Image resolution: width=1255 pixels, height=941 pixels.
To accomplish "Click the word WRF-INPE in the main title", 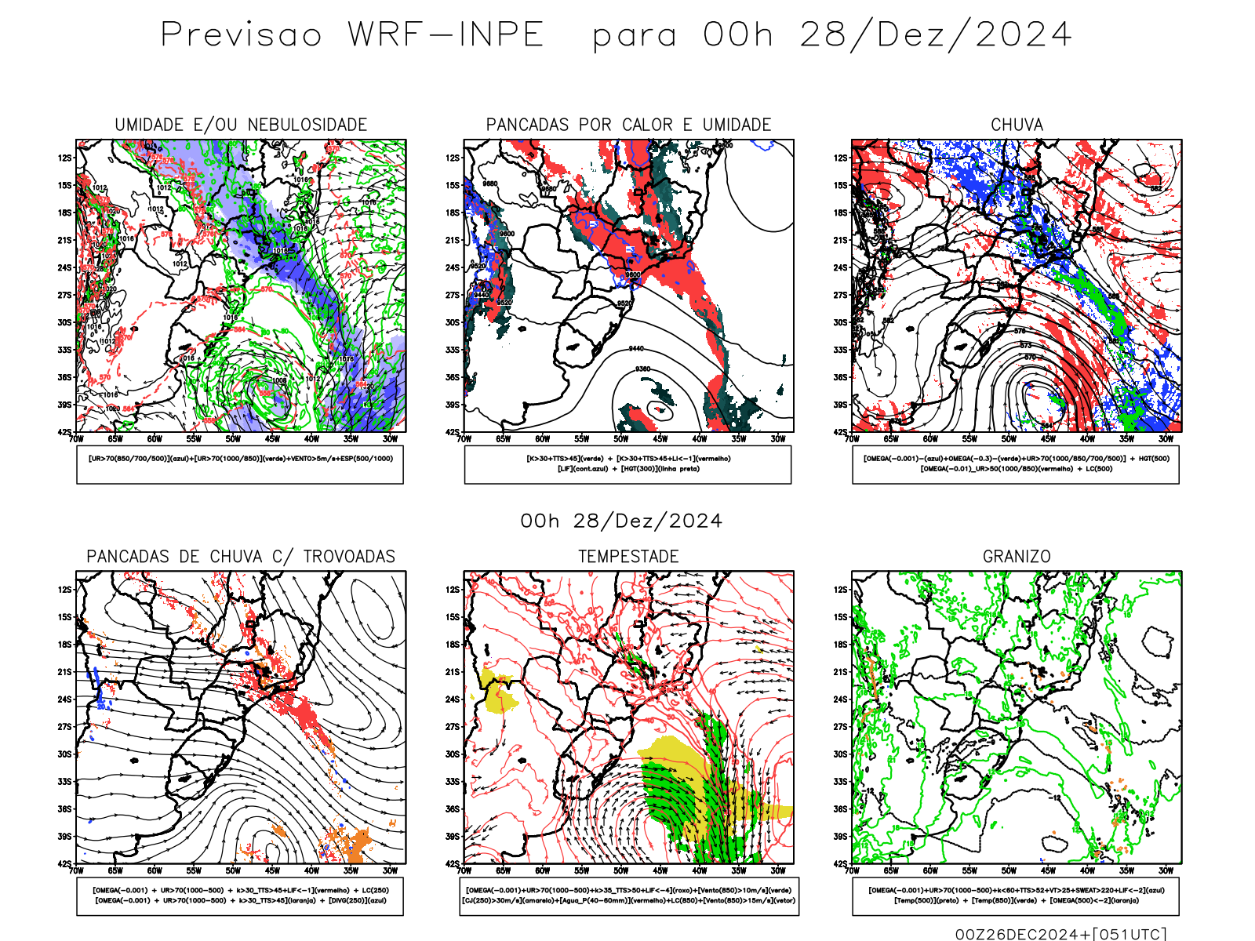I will [x=446, y=35].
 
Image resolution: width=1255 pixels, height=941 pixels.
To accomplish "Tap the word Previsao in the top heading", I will [x=241, y=35].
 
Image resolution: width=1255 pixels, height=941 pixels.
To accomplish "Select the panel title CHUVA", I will [x=1017, y=125].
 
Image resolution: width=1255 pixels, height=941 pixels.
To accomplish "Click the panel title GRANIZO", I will [x=1017, y=557].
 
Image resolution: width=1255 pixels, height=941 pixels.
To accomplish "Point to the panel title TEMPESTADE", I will [x=628, y=557].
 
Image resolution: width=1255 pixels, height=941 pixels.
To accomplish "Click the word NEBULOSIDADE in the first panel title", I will [x=307, y=125].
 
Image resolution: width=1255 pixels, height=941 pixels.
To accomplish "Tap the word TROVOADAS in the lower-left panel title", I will [x=349, y=557].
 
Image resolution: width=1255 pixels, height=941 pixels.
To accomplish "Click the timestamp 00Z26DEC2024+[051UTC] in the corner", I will [x=1060, y=933].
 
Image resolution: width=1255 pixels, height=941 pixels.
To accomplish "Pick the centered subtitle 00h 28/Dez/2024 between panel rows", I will [x=621, y=521].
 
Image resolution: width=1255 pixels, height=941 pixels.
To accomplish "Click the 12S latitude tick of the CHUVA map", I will [x=841, y=158].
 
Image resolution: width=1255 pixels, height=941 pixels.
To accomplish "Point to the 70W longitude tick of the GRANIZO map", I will [x=852, y=870].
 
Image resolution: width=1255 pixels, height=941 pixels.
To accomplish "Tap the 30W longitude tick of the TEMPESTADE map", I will [x=777, y=870].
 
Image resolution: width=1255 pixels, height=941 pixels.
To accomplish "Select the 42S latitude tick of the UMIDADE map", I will [x=64, y=432].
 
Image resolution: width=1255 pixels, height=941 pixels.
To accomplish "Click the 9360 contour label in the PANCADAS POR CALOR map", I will [x=642, y=369].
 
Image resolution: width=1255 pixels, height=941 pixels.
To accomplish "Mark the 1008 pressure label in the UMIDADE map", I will [x=280, y=380].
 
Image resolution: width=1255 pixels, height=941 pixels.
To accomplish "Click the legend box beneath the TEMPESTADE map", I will [x=629, y=896].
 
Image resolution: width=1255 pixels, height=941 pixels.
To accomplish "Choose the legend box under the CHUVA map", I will [x=1016, y=464].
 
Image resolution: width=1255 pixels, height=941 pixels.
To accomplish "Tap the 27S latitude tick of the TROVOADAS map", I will [x=64, y=727].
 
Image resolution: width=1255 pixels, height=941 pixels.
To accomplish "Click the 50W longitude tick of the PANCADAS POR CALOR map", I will [x=620, y=439].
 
